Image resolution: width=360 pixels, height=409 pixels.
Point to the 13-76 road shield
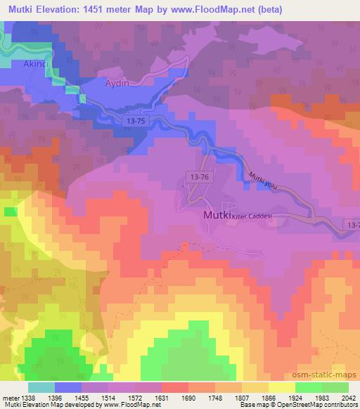[198, 177]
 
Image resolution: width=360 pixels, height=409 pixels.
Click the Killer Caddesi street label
[252, 215]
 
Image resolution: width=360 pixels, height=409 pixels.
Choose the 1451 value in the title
[108, 8]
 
